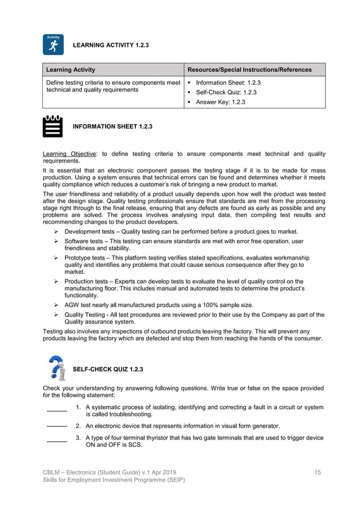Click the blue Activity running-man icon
pos(53,45)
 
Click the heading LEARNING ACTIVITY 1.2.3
pos(111,45)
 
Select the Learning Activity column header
pos(71,70)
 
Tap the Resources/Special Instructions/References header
pos(249,70)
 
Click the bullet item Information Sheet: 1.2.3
pos(228,82)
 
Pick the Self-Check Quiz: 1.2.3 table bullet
pos(226,92)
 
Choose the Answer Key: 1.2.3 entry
pos(220,102)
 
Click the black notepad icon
pos(53,126)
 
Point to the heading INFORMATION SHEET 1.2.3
pos(112,126)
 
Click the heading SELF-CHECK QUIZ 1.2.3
pos(108,370)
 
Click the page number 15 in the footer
pos(318,472)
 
